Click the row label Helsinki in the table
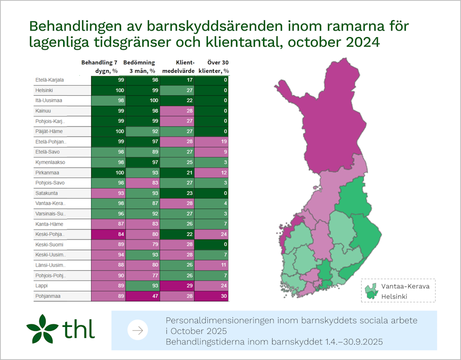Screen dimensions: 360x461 pos(45,90)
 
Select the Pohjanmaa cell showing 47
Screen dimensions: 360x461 pos(143,296)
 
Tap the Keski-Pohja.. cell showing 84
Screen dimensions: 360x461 pos(108,235)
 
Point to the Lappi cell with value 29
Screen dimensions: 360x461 pos(177,286)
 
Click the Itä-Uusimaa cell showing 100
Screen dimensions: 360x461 pos(143,101)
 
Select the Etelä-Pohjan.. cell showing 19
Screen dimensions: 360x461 pos(212,142)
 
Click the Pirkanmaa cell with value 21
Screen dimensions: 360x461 pos(177,173)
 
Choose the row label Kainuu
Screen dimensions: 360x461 pos(43,111)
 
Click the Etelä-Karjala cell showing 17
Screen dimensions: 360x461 pos(177,80)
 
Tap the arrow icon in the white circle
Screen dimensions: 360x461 pos(138,330)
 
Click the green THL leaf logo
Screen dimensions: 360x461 pos(43,328)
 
